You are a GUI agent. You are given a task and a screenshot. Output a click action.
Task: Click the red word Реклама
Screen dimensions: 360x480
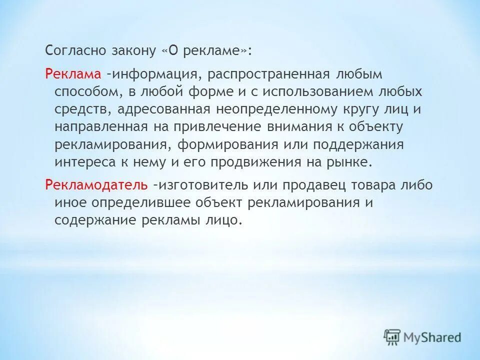[73, 74]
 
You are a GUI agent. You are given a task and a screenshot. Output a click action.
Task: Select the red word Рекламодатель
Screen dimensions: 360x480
[96, 184]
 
